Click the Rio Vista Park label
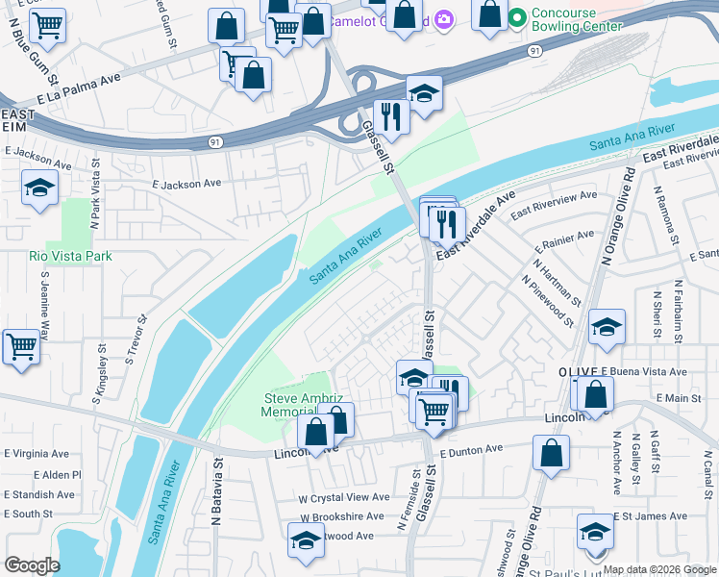click(70, 256)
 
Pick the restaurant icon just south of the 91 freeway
click(391, 116)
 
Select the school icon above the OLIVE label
click(607, 327)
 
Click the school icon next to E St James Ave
click(595, 531)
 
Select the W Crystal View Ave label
click(343, 497)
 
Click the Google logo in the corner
click(33, 565)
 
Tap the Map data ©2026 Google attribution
click(658, 569)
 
